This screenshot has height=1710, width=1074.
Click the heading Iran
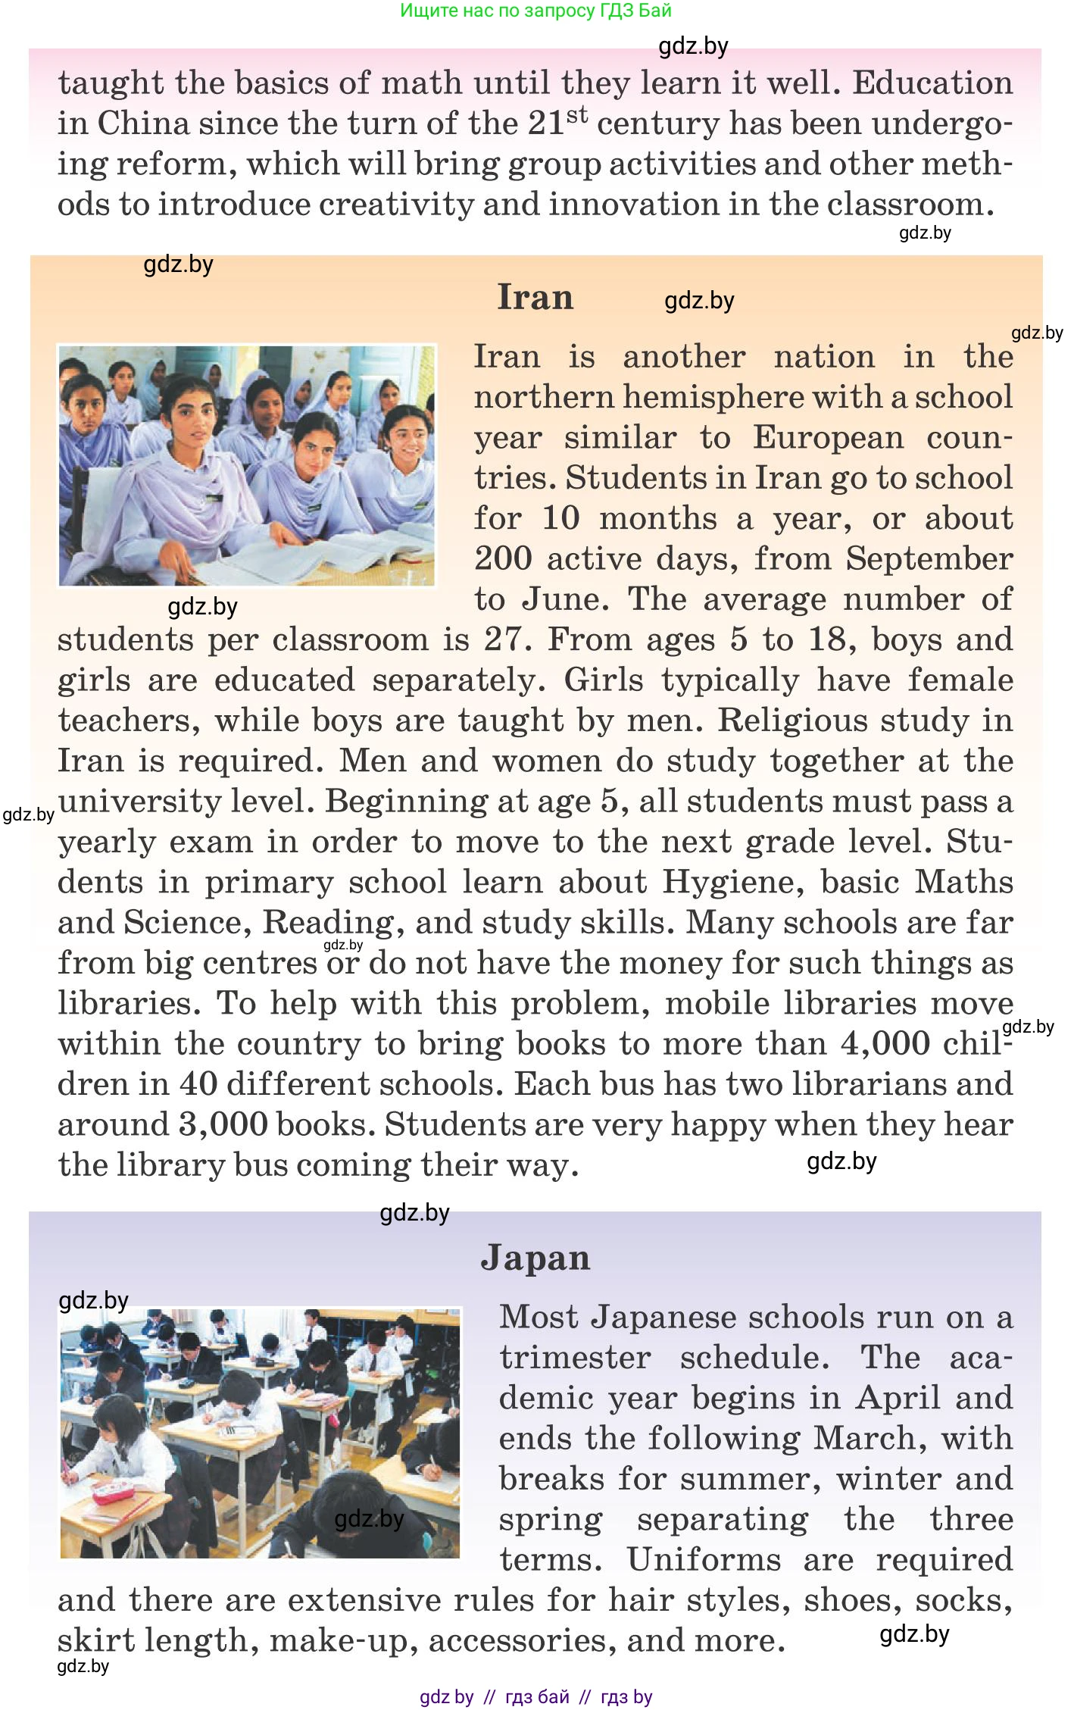pos(535,297)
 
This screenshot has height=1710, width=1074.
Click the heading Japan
pos(535,1258)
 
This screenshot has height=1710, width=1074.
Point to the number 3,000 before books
pos(223,1124)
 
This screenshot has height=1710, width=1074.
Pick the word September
pos(929,559)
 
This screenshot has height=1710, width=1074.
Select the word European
pos(828,438)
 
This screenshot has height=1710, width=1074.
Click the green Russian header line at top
pos(535,11)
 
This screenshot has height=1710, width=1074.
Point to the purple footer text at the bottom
pos(535,1697)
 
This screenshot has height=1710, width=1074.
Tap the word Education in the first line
pos(932,83)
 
